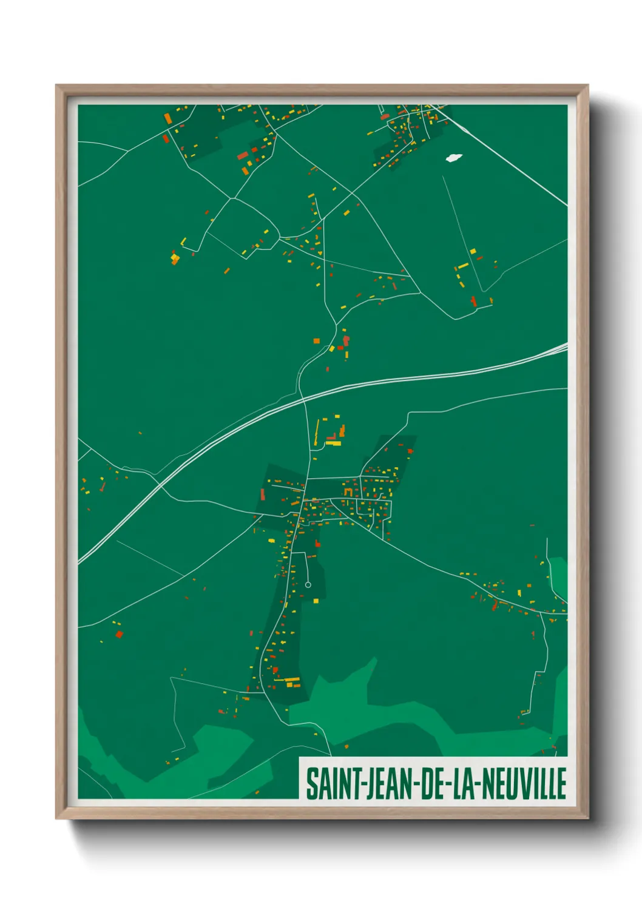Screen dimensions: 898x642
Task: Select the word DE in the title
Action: tap(430, 783)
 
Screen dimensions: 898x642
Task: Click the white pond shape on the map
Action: tap(453, 158)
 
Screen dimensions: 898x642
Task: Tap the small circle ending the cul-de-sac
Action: tap(308, 585)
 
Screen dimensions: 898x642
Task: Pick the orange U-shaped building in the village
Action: tap(348, 490)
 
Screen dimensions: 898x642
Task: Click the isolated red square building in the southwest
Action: tap(119, 634)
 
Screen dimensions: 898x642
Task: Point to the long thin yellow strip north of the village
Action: tap(317, 431)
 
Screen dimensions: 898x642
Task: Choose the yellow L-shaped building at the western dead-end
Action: tap(175, 258)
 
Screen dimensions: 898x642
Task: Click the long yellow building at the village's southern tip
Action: tap(292, 679)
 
